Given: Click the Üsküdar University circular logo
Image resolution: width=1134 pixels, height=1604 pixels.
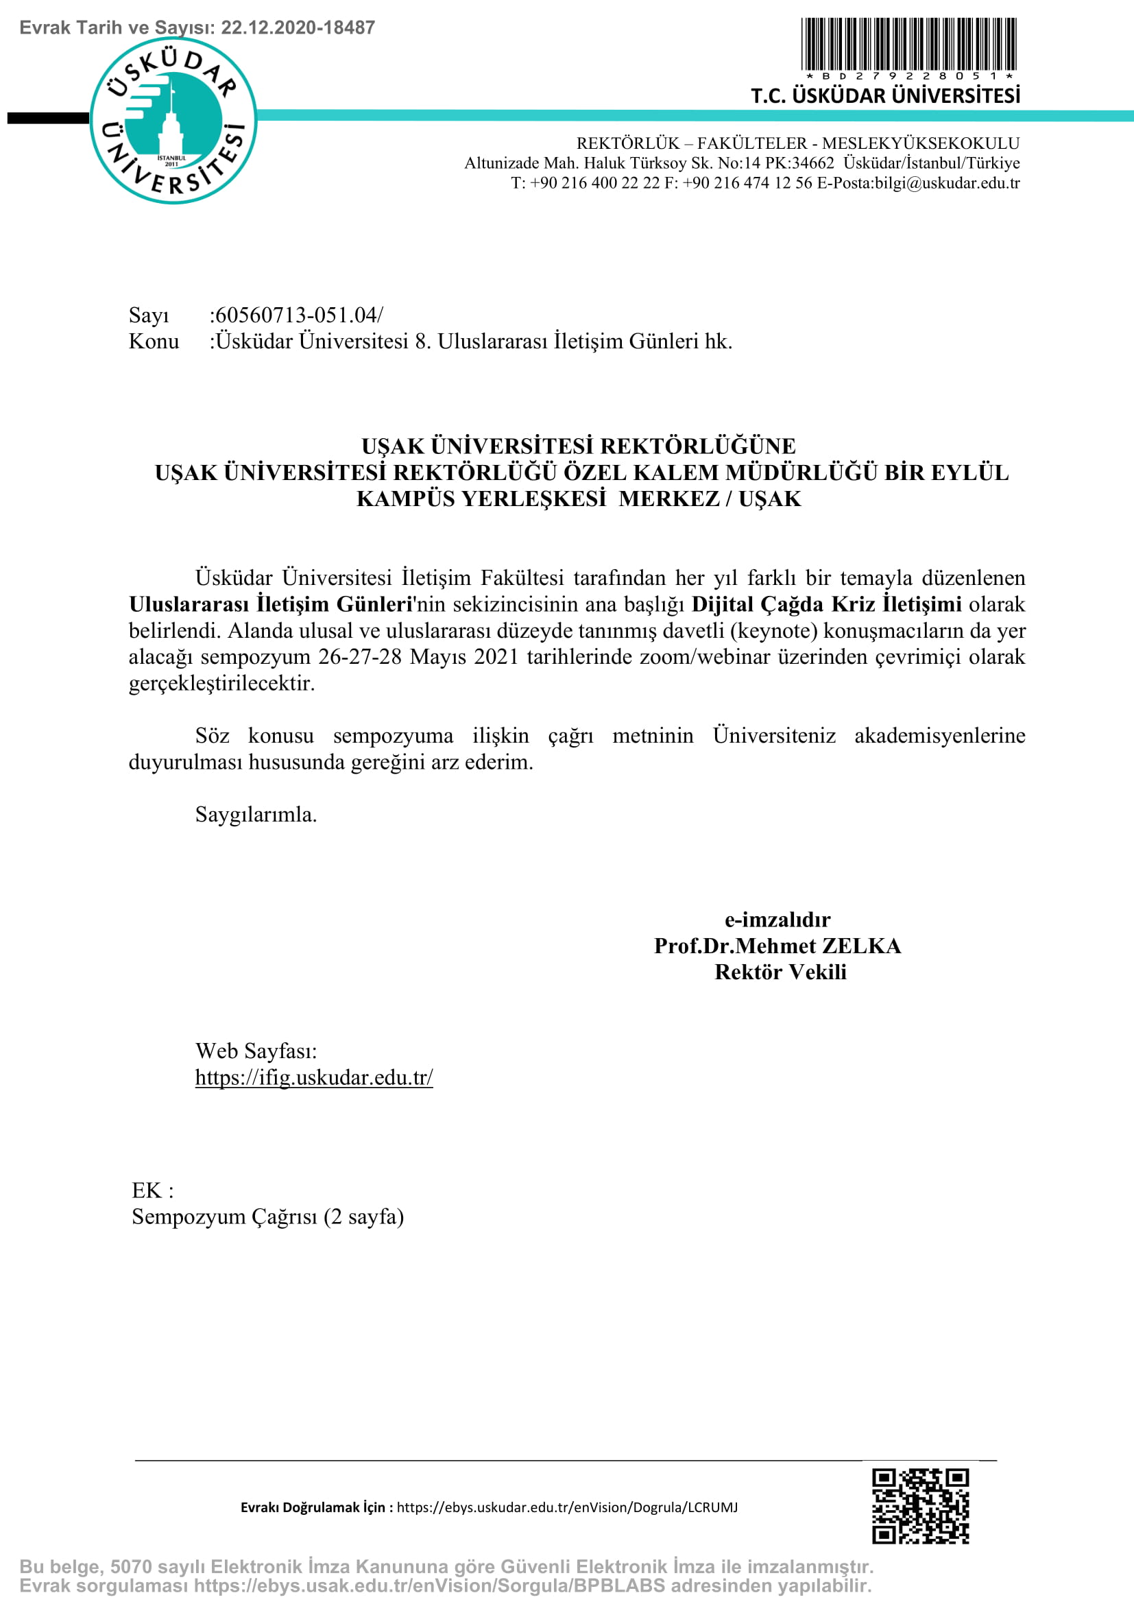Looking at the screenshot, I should [173, 120].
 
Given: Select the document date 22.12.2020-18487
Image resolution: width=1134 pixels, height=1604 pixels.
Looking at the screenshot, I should [298, 28].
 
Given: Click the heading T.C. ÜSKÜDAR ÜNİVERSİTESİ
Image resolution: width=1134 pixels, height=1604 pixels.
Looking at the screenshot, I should [884, 96].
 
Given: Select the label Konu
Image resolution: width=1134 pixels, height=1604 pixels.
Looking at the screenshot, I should [154, 342].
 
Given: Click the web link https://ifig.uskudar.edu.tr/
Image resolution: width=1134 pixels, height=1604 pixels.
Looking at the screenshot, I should [313, 1077].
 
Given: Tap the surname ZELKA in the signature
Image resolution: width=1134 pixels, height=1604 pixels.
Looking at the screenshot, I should [861, 946].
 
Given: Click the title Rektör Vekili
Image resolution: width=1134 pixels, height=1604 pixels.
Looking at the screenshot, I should [780, 972].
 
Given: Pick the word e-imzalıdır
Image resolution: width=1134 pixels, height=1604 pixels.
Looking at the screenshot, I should [777, 920].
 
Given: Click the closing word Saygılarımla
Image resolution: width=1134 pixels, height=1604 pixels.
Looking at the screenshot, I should [256, 815].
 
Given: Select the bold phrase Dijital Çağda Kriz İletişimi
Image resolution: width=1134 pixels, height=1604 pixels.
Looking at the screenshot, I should [826, 604].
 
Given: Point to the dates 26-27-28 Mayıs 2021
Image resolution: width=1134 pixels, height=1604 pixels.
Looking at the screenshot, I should [418, 657].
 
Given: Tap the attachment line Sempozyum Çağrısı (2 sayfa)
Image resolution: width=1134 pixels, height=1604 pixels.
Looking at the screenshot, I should [267, 1217].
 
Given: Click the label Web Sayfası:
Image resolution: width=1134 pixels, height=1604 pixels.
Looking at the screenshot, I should [256, 1051].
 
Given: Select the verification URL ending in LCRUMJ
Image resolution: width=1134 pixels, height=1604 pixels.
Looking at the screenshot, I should [567, 1507].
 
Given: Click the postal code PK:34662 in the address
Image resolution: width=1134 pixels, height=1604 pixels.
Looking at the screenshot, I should [799, 163].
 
